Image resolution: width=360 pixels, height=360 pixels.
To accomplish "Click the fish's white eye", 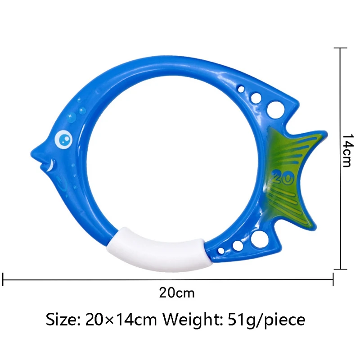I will tap(63, 139).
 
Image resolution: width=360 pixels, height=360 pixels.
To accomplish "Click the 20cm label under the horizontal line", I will tap(176, 293).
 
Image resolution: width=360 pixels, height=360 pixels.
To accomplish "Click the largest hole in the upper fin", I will tap(274, 108).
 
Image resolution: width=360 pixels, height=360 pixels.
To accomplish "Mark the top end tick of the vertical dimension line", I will tap(340, 48).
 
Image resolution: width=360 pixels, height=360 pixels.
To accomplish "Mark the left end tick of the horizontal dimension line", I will tap(4, 279).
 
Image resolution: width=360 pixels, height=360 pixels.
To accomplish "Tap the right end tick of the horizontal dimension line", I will tap(333, 279).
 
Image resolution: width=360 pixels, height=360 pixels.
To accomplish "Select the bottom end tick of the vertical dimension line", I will tap(340, 269).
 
